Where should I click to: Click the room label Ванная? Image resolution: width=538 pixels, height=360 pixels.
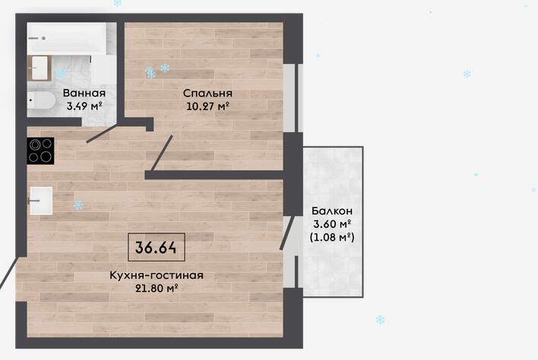coord(84,93)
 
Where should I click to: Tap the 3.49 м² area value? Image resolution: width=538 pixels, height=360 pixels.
coord(84,106)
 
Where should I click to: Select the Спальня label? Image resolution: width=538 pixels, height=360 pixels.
coord(207,93)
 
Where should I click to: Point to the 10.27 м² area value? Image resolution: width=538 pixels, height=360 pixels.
coord(207,106)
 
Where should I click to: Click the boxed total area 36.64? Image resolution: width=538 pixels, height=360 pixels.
coord(156,247)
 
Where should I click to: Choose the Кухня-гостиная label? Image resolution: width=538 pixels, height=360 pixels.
coord(157,275)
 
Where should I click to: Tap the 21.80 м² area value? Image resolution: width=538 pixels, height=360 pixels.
coord(157,289)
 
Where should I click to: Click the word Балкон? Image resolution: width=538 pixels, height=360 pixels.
coord(332,211)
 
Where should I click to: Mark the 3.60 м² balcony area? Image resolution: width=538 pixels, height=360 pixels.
coord(332,224)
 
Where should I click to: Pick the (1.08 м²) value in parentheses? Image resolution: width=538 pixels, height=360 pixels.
coord(332,237)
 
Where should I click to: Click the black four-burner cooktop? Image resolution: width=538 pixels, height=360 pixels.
coord(40,151)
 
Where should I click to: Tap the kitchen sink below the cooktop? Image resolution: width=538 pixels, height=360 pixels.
coord(41,201)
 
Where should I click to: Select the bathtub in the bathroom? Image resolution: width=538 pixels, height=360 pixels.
coord(68,38)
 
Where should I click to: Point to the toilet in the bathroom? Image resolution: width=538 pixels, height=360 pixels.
coord(41,100)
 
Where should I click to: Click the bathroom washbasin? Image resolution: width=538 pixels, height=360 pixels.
coord(39,68)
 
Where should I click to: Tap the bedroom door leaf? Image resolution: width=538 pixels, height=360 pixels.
coord(162,153)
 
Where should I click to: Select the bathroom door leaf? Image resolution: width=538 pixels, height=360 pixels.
coord(102,134)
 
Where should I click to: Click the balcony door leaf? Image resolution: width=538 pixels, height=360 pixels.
coord(287,232)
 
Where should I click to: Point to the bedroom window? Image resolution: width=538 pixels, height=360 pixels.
coord(293,98)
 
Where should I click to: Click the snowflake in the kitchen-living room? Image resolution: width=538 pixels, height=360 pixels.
coord(78,205)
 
